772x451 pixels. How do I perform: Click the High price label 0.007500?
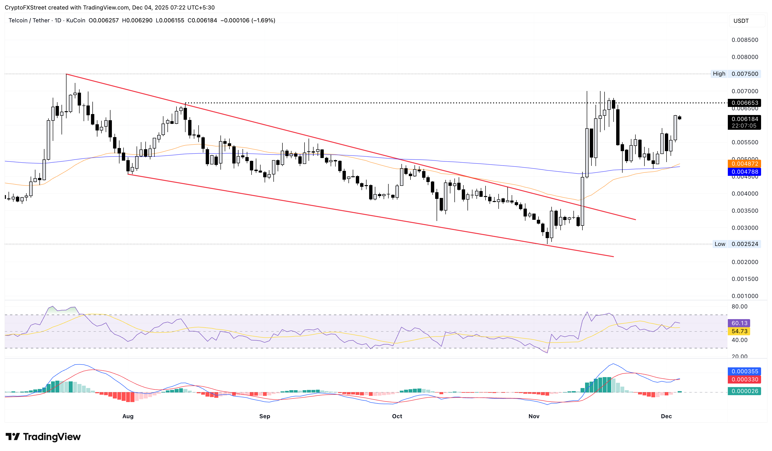click(x=744, y=74)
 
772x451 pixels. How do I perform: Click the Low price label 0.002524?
click(x=744, y=244)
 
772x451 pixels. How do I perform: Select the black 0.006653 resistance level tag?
click(x=744, y=103)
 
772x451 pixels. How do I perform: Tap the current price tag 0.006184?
click(x=744, y=119)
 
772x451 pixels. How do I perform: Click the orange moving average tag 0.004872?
click(x=744, y=164)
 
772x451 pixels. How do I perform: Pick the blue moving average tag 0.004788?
click(x=744, y=172)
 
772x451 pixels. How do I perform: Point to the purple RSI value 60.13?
click(x=739, y=323)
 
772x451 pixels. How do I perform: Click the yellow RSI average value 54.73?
click(x=739, y=331)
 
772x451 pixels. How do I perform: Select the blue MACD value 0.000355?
click(x=744, y=372)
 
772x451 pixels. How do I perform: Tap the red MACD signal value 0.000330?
click(x=744, y=380)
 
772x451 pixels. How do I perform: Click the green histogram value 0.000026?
click(x=744, y=391)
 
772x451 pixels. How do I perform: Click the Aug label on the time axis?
click(x=128, y=416)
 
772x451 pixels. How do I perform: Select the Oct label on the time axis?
click(x=397, y=416)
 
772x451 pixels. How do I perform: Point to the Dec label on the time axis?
click(x=666, y=416)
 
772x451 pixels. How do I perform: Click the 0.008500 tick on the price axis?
click(x=745, y=40)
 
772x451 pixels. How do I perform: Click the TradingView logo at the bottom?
click(x=43, y=437)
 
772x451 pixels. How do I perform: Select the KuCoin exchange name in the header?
click(x=76, y=20)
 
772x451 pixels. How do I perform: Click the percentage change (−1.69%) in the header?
click(x=263, y=20)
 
